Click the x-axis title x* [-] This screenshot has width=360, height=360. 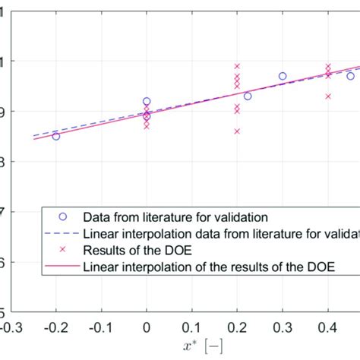pos(181,346)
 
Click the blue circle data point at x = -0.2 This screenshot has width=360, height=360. pos(56,136)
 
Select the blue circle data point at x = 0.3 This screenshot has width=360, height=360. pos(283,76)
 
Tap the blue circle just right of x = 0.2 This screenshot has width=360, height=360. pos(248,96)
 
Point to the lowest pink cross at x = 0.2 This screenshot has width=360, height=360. pos(237,131)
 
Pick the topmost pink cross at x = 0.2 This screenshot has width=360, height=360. pos(237,66)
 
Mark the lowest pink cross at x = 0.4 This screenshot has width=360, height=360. pos(328,96)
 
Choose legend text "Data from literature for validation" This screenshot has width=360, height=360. pos(175,216)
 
